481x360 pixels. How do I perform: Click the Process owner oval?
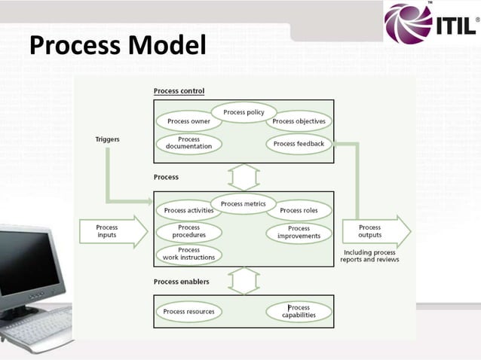tap(188, 121)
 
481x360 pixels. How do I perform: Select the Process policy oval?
tap(244, 112)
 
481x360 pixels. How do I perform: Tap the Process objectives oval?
tap(299, 121)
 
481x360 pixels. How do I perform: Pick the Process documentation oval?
tap(188, 143)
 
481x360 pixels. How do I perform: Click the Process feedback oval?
tap(299, 143)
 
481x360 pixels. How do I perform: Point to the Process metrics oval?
tap(244, 203)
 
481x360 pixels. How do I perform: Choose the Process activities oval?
tap(188, 211)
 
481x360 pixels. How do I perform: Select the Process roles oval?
tap(299, 211)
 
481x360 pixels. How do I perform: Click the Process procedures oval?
tap(188, 231)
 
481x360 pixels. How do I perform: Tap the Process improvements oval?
tap(299, 232)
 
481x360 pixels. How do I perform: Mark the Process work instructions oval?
tap(188, 254)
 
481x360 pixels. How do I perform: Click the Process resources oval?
tap(188, 311)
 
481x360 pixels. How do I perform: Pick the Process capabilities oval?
tap(299, 311)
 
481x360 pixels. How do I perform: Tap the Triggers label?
tap(107, 139)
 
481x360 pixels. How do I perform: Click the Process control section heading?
tap(179, 91)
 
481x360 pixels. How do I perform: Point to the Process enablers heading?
tap(182, 282)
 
